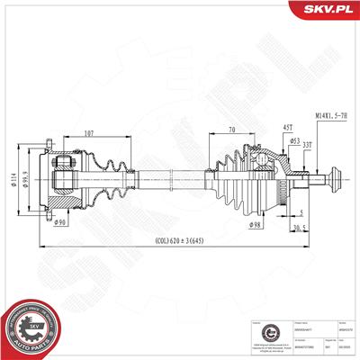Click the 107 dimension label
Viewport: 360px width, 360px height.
tap(87, 136)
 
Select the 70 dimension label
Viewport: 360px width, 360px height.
tap(231, 130)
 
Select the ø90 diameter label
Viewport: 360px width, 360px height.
tap(59, 221)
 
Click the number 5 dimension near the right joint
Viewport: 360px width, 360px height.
tap(301, 212)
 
